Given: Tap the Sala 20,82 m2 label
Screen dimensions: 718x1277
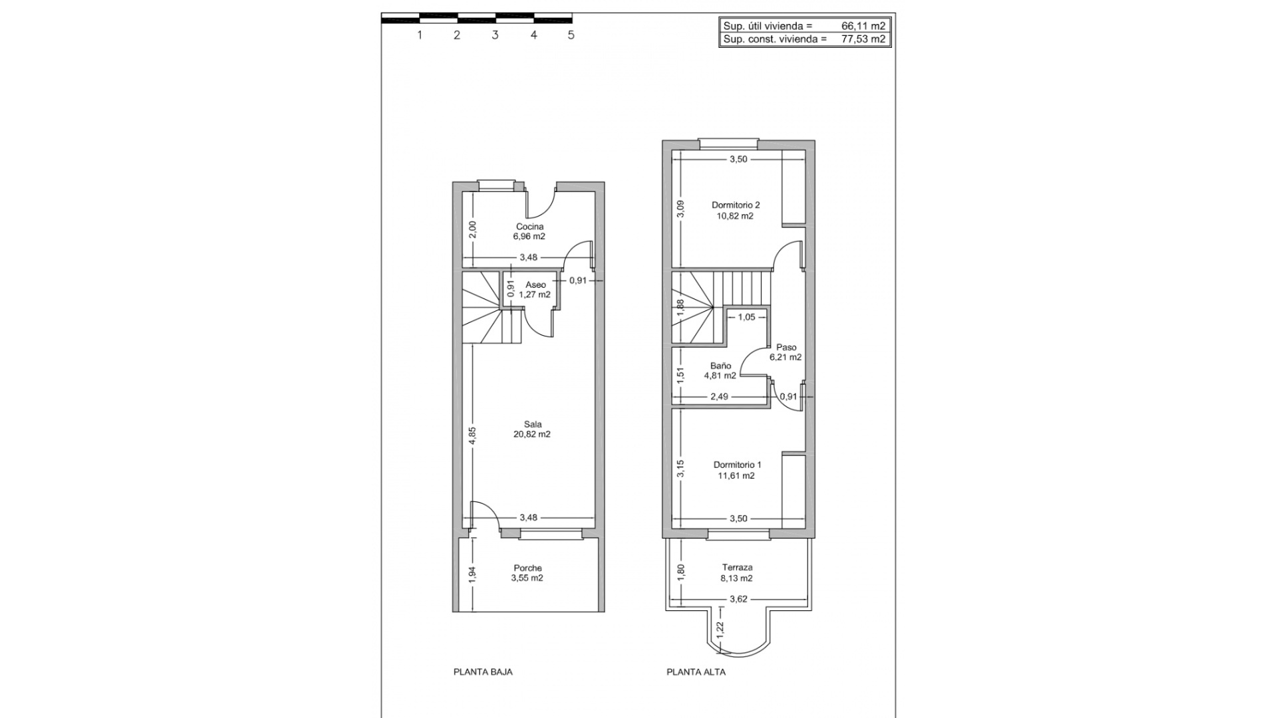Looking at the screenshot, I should pos(532,429).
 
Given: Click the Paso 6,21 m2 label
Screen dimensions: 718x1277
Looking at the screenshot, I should pos(785,352).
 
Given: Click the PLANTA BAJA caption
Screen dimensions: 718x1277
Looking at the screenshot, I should pos(483,672).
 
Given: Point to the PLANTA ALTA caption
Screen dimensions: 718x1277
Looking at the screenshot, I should pos(696,672).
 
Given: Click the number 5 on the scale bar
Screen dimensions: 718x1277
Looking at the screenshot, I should pos(571,35).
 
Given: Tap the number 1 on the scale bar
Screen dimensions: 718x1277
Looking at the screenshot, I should pos(420,35).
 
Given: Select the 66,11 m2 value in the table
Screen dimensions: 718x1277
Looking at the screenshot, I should pos(863,26).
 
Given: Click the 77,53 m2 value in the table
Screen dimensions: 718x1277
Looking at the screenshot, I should pos(863,39).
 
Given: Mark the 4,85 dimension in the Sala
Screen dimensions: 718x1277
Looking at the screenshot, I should pos(472,435).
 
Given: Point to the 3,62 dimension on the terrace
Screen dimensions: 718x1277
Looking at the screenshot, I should pos(738,599).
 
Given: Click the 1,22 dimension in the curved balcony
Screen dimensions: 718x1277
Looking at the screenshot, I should pos(720,627).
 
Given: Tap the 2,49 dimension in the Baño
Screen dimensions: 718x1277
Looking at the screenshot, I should pos(719,397).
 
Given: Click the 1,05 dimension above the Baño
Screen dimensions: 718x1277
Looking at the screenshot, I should pos(746,317).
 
